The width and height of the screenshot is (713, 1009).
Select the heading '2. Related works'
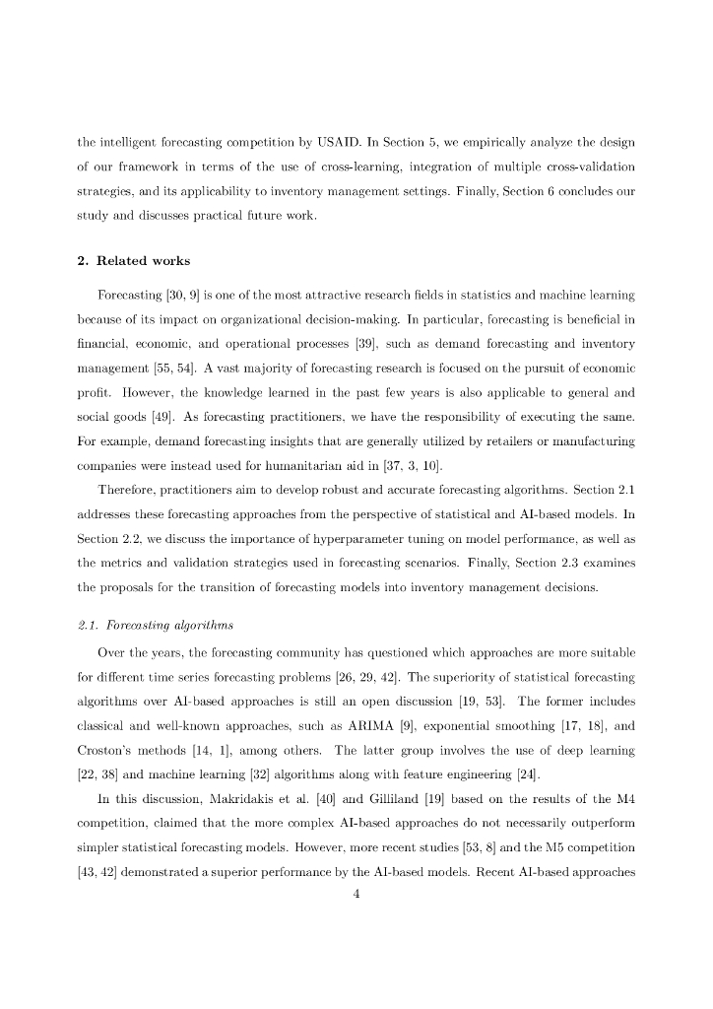tap(134, 261)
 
